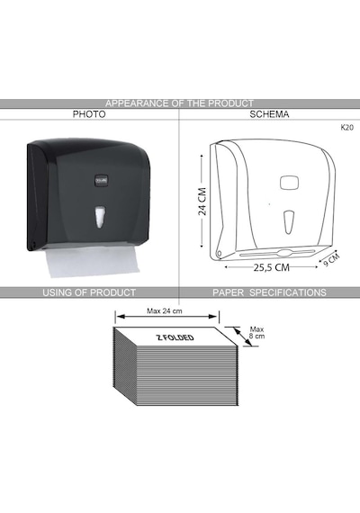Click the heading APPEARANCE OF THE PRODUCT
[x=179, y=103]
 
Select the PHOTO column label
[x=89, y=114]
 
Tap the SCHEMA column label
[x=269, y=114]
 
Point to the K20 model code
[x=346, y=128]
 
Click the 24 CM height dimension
[x=202, y=202]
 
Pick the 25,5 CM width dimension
[x=272, y=267]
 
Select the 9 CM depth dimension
[x=331, y=260]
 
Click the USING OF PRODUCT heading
[x=89, y=292]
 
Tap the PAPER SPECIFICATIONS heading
[x=269, y=292]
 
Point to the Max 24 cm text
[x=165, y=310]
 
